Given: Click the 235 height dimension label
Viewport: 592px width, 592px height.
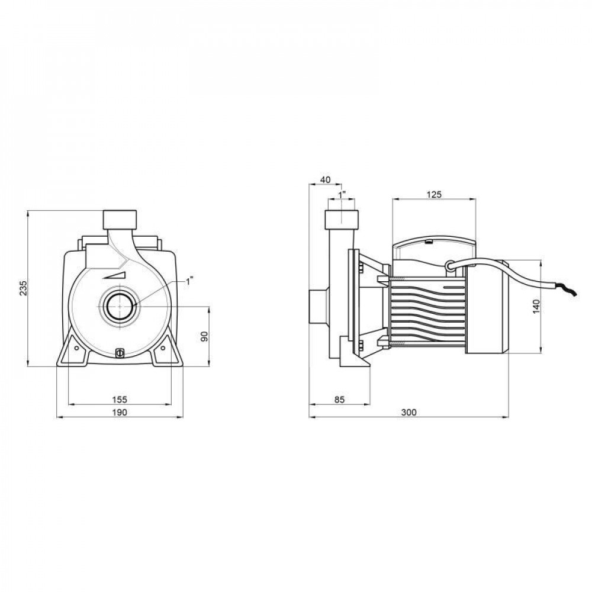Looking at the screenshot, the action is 24,288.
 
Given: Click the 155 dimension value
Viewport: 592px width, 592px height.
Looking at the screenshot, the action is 120,399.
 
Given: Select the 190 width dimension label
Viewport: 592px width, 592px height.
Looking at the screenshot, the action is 120,412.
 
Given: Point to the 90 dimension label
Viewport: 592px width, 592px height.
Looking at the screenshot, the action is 204,336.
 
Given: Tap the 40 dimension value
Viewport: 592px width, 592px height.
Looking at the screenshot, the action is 325,180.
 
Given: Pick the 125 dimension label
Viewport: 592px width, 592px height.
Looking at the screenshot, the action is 434,194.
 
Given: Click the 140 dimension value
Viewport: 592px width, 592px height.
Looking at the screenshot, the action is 536,306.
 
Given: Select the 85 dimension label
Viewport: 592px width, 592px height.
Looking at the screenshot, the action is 339,399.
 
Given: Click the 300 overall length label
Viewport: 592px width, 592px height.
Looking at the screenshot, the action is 408,412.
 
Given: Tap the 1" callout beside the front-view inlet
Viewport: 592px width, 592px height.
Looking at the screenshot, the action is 189,281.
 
